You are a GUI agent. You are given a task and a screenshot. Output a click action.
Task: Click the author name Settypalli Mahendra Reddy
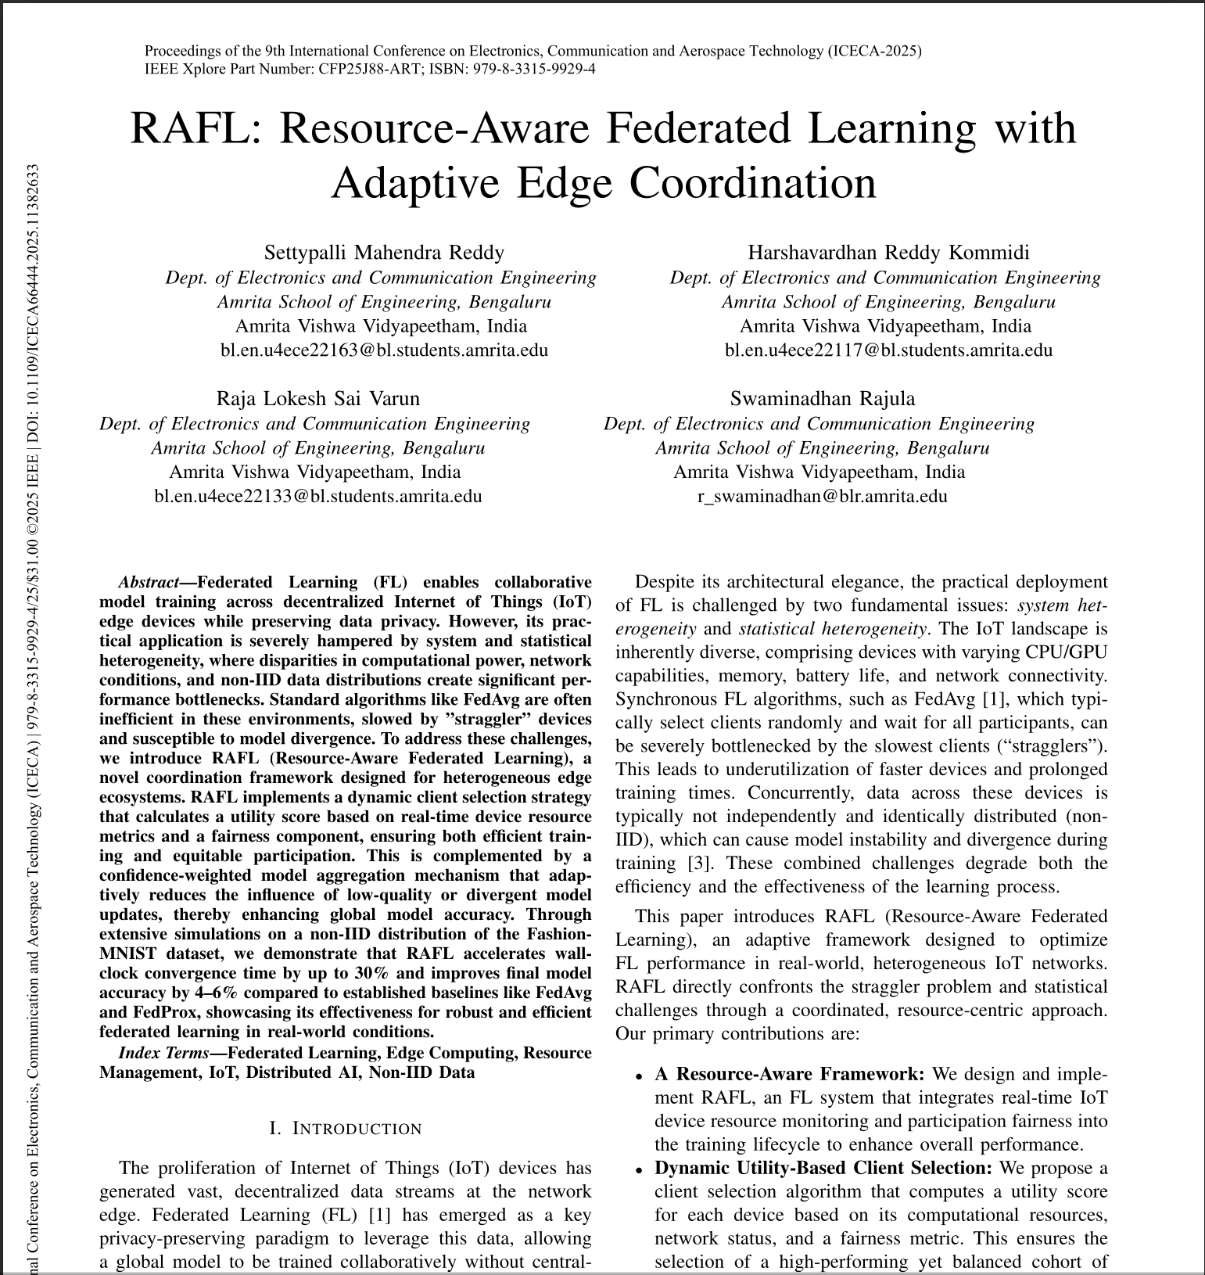(384, 253)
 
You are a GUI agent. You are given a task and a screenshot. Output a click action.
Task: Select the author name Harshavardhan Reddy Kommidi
(888, 253)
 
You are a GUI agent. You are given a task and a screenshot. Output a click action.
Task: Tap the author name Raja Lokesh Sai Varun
(317, 399)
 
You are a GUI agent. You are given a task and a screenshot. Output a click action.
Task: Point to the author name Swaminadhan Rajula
(822, 399)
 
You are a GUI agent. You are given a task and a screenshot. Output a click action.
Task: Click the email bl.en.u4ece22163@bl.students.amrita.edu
(384, 350)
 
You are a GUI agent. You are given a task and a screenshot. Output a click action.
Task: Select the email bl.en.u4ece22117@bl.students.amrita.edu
(888, 350)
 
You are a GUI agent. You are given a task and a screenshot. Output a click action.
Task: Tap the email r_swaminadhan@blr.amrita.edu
(822, 496)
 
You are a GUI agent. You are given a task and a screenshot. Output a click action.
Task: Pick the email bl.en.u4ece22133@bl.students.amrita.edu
(317, 496)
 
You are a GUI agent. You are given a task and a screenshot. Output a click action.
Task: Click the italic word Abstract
(149, 583)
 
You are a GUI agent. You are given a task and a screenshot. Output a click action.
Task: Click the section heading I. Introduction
(345, 1129)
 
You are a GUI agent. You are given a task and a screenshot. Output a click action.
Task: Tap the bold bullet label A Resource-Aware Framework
(789, 1074)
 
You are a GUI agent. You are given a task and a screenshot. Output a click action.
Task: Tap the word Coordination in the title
(752, 184)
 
